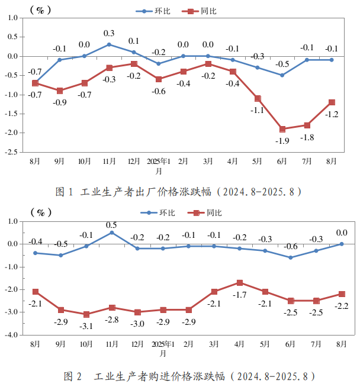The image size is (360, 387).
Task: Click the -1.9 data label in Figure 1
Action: tap(282, 141)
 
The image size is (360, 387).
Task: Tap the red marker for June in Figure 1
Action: tap(282, 129)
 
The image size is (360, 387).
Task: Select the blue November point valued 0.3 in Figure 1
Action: tap(109, 44)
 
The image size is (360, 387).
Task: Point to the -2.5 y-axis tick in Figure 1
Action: tap(10, 152)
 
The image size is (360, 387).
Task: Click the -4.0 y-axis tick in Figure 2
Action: tap(10, 335)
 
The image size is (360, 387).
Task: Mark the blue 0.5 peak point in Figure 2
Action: tap(111, 233)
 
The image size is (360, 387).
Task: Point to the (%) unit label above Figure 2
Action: tap(42, 211)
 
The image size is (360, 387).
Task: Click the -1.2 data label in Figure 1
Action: tap(332, 114)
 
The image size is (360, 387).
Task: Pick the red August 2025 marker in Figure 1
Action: tap(332, 102)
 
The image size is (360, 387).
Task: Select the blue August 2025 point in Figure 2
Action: tap(341, 244)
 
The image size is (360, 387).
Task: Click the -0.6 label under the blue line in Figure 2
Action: tap(290, 247)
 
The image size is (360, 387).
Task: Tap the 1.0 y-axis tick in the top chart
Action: tap(11, 18)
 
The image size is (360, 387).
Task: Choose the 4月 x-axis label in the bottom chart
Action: tap(239, 344)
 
